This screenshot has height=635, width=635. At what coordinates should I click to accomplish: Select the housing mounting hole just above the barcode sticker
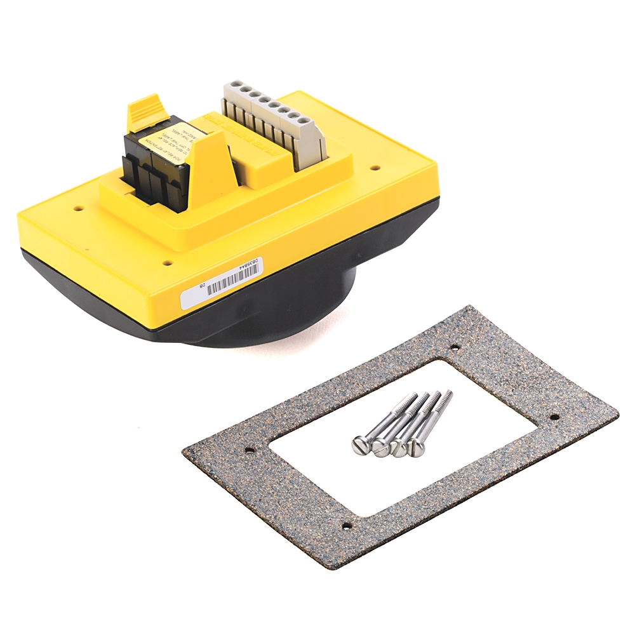[167, 262]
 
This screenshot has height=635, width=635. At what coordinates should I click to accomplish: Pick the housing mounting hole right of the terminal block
[375, 168]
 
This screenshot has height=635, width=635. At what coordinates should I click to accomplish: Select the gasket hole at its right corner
[554, 418]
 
